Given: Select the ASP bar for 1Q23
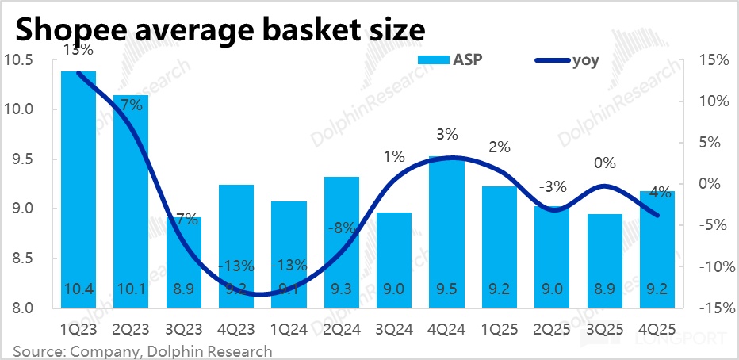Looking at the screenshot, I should pyautogui.click(x=78, y=190).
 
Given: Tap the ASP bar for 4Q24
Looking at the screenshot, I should pyautogui.click(x=446, y=230).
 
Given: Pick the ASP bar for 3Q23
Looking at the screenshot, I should pyautogui.click(x=184, y=262).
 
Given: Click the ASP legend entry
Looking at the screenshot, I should pyautogui.click(x=455, y=59).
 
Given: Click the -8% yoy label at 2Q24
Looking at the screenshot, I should pyautogui.click(x=342, y=229).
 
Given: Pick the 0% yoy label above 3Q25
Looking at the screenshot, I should pyautogui.click(x=605, y=163).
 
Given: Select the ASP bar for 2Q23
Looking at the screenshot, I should pyautogui.click(x=131, y=202).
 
